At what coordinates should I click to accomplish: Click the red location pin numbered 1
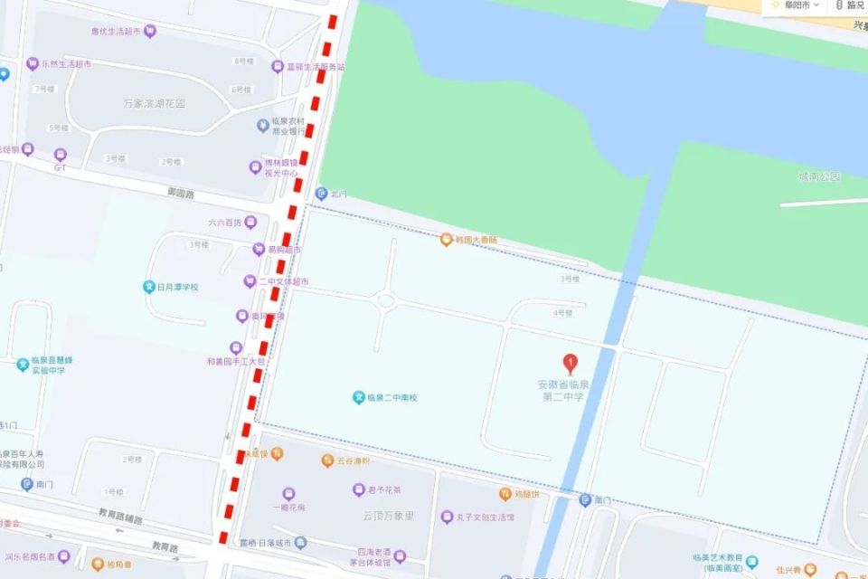[570, 364]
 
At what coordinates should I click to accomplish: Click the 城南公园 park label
[819, 176]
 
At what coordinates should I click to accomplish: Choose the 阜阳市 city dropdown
[795, 5]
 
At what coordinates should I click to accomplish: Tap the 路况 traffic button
[850, 5]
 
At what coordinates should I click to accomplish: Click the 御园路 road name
[181, 192]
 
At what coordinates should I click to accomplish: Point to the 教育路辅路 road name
[121, 517]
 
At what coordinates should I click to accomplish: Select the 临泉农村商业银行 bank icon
[263, 124]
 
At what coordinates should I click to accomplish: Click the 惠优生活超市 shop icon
[150, 32]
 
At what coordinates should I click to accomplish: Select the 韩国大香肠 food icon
[446, 240]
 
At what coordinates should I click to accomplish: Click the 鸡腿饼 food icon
[505, 494]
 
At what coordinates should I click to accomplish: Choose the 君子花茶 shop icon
[359, 489]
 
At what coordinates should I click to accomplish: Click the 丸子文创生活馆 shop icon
[447, 517]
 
